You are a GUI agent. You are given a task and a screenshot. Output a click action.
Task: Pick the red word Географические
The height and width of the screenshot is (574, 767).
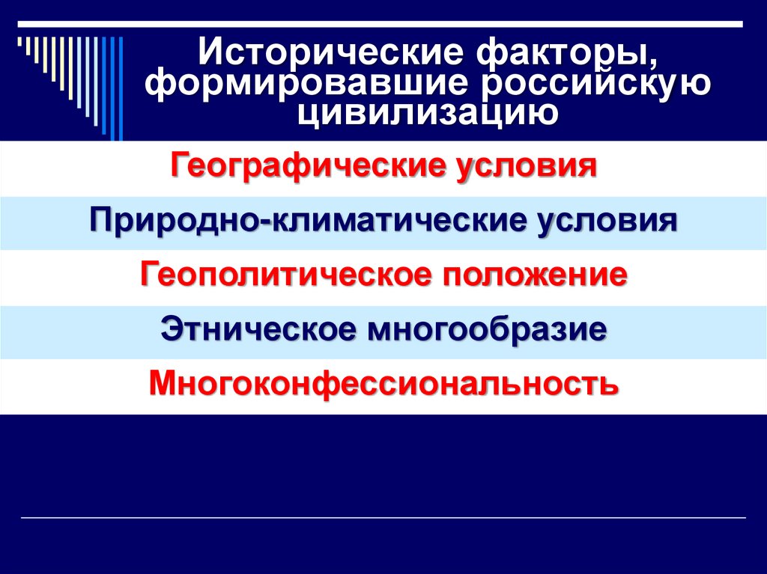tap(308, 165)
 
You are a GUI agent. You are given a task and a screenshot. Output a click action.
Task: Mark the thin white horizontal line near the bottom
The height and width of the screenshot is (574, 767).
tap(383, 518)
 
